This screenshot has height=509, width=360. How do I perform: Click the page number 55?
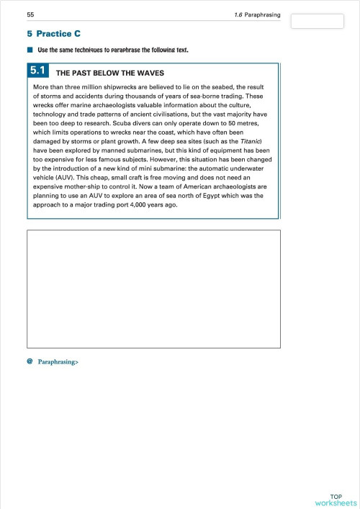click(x=30, y=14)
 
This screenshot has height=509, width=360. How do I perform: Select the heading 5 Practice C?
click(x=53, y=33)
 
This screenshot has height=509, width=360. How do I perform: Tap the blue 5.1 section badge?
click(x=38, y=71)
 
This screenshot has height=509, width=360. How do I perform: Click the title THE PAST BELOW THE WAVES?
click(x=110, y=73)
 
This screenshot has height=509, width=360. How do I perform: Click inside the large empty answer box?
click(x=153, y=288)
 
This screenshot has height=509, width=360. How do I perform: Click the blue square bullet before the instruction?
click(x=30, y=50)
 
